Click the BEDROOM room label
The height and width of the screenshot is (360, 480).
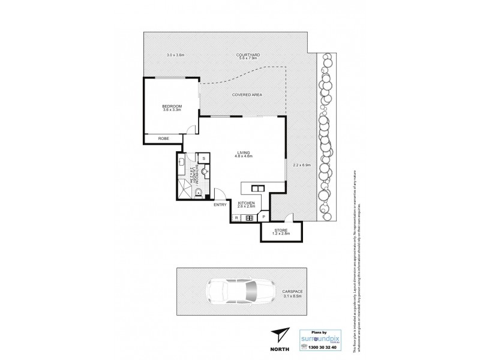pos(172,106)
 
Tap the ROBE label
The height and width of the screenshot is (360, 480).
pos(163,139)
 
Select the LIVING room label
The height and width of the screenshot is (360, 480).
pos(244,154)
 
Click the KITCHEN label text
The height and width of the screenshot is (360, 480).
pos(246,205)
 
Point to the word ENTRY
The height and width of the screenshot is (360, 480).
pos(220,205)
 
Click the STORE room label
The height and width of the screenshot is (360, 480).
pos(282,230)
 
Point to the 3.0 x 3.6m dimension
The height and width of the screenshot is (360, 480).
pos(175,56)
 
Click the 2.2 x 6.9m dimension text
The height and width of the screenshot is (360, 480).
pos(301,164)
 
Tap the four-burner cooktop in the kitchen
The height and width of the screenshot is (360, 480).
pos(248,217)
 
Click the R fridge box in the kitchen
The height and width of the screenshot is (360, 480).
pos(237,217)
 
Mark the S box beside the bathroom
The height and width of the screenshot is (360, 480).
pos(204,158)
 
